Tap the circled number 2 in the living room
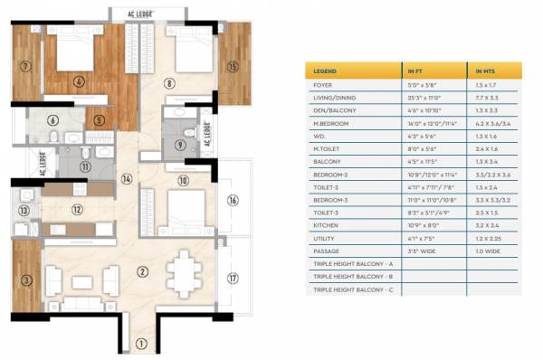point(142,270)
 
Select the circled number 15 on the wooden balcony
point(233,66)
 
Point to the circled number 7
point(26,65)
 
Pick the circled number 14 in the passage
point(127,179)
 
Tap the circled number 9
point(180,144)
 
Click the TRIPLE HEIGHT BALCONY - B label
point(353,278)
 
